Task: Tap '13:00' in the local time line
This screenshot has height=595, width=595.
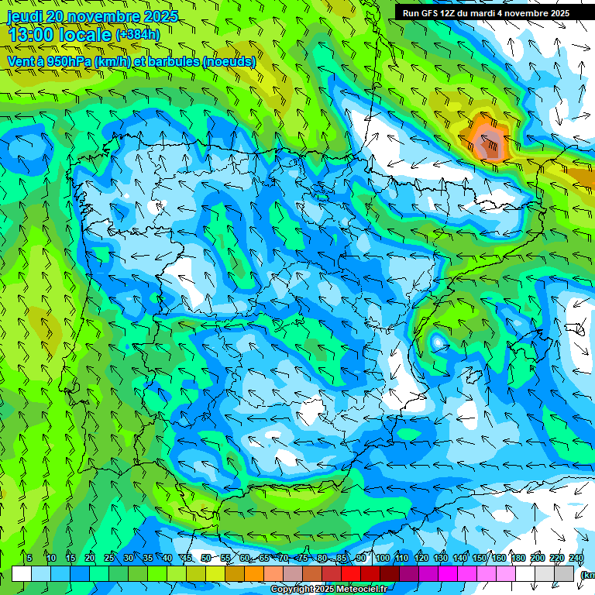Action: [x=31, y=35]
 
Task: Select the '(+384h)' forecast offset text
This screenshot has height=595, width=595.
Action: [x=138, y=35]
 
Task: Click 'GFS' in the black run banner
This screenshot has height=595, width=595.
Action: [x=435, y=13]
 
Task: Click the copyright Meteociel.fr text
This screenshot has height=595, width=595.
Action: [x=328, y=590]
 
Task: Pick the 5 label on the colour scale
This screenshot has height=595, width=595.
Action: [x=29, y=559]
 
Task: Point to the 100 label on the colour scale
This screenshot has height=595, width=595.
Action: [x=383, y=559]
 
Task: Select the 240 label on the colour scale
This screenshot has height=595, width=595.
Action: [x=576, y=559]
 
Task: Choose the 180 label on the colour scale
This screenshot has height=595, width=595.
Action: [x=518, y=559]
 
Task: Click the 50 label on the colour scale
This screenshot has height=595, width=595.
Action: [x=206, y=559]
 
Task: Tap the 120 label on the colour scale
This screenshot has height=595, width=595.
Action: [x=421, y=559]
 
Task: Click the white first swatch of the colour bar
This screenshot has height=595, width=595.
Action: [x=22, y=573]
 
